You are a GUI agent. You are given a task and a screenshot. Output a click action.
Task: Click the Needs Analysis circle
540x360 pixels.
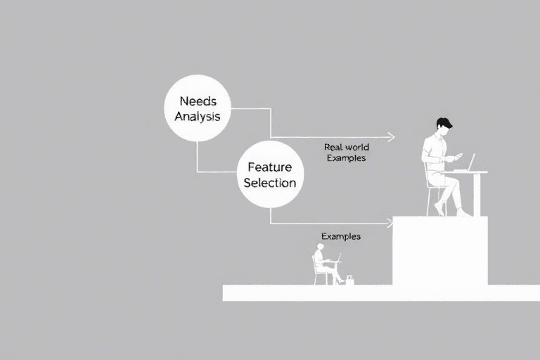(x=197, y=108)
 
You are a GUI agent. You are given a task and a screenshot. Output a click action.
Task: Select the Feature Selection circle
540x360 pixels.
(x=270, y=174)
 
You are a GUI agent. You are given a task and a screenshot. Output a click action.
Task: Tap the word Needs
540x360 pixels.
(x=198, y=101)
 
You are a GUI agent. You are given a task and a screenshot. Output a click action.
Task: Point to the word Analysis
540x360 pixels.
(x=198, y=116)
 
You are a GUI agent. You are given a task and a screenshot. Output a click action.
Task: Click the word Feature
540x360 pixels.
(x=269, y=167)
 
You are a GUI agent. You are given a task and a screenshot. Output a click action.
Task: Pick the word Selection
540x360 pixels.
(x=270, y=183)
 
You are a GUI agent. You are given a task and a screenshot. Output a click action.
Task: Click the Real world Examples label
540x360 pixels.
(x=346, y=153)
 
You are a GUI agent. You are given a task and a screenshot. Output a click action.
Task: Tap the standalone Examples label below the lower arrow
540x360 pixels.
(x=340, y=236)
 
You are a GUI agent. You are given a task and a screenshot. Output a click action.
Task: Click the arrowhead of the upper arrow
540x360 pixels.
(x=391, y=137)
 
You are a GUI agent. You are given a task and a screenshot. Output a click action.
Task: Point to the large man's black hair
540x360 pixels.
(x=443, y=123)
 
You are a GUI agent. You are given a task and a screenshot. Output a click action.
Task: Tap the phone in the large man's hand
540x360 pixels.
(x=458, y=155)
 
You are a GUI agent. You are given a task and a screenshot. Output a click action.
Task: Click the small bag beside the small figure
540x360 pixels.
(x=349, y=281)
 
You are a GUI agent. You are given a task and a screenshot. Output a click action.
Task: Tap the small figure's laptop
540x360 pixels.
(x=338, y=258)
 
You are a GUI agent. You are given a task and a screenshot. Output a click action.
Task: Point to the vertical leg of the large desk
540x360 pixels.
(x=477, y=193)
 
